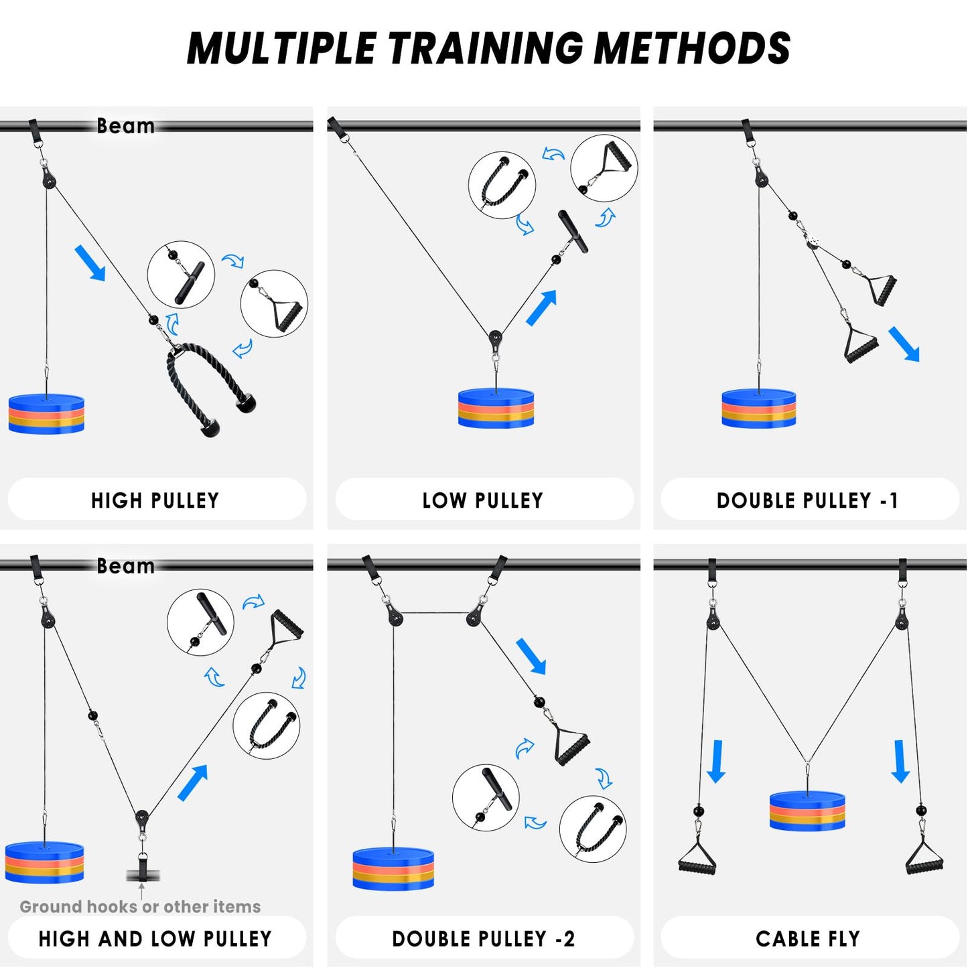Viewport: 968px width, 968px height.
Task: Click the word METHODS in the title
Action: point(693,48)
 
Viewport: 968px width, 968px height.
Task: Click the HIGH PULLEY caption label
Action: point(155,500)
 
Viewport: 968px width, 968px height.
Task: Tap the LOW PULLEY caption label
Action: point(483,500)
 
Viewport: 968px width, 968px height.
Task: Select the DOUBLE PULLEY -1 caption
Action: point(807,500)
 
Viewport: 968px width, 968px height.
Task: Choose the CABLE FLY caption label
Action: point(808,939)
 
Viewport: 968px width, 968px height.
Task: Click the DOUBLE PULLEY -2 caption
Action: point(483,939)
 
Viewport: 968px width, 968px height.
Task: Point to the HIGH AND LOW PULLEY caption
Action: point(155,939)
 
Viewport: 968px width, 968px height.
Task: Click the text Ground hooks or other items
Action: point(140,907)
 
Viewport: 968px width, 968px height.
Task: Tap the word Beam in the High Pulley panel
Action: point(125,125)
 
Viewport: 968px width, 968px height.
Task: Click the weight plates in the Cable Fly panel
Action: point(807,811)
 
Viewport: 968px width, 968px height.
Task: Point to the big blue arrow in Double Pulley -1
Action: point(904,344)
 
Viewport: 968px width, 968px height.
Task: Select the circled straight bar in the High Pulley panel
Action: point(182,275)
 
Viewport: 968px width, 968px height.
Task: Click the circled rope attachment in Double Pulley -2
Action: point(593,829)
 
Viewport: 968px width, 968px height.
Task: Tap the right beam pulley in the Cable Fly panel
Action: point(902,619)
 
